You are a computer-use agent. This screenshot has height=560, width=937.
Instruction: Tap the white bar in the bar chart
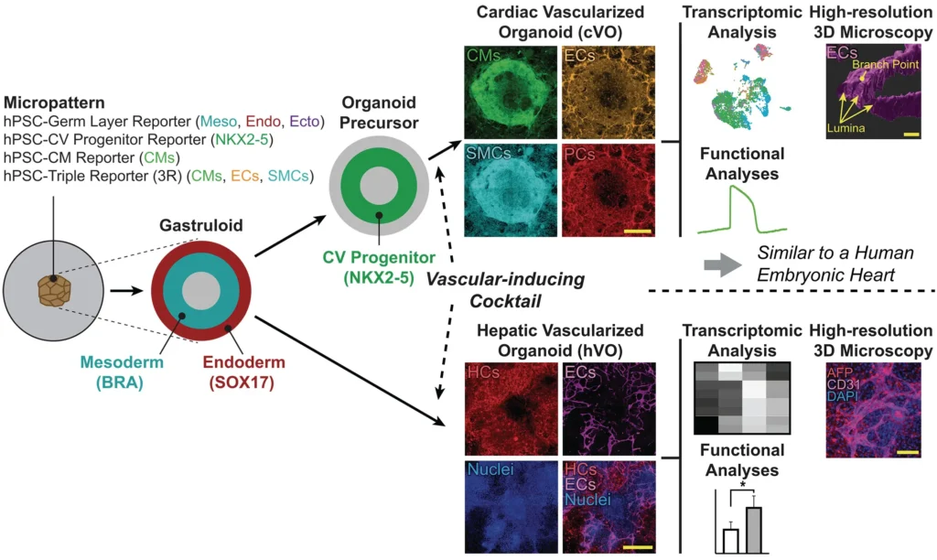tap(730, 541)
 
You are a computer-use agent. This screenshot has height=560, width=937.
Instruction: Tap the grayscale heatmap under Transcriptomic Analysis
tap(740, 397)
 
